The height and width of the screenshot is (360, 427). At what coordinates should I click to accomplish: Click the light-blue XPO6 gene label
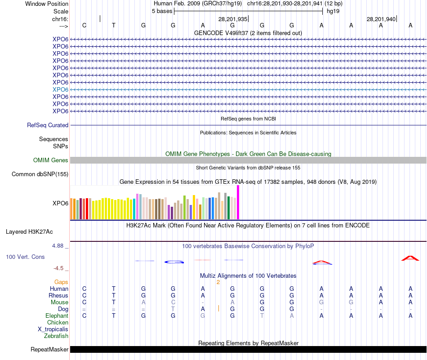click(60, 89)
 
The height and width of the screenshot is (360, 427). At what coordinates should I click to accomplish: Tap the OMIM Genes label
click(51, 160)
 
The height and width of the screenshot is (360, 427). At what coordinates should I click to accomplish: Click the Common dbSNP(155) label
click(40, 174)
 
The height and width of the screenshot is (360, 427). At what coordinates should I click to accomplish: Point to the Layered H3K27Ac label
click(29, 232)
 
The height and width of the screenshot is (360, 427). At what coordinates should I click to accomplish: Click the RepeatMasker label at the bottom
click(49, 350)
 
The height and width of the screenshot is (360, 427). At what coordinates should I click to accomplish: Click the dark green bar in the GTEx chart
click(229, 207)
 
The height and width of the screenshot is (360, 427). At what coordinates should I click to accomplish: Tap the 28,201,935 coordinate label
click(233, 19)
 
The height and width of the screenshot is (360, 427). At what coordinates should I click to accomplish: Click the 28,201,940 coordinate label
click(381, 19)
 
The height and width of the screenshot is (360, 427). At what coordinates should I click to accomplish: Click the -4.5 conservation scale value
click(59, 268)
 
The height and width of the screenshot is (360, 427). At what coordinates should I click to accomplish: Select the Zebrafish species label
click(56, 336)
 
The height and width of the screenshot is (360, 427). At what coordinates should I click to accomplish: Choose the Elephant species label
click(57, 316)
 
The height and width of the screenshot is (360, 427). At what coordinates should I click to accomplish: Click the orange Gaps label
click(61, 282)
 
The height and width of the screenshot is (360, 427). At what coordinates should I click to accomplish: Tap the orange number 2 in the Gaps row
click(218, 282)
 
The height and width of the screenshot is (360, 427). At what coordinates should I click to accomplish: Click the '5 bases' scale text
click(162, 11)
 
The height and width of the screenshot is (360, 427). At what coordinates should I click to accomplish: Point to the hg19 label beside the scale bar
click(333, 11)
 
